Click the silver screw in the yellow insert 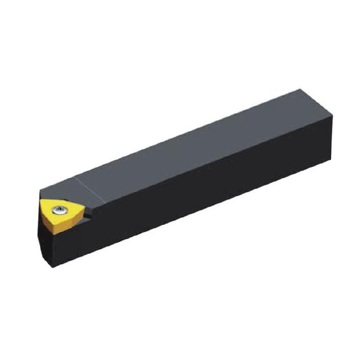tap(59, 210)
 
